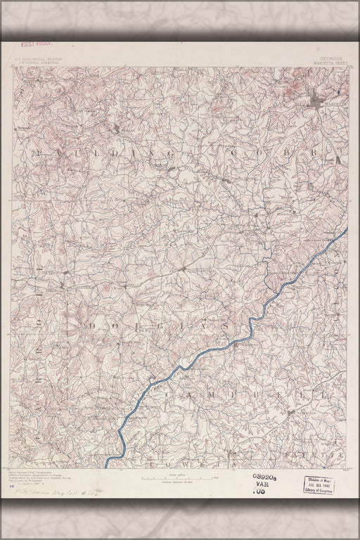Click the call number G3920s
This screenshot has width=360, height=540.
click(264, 476)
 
